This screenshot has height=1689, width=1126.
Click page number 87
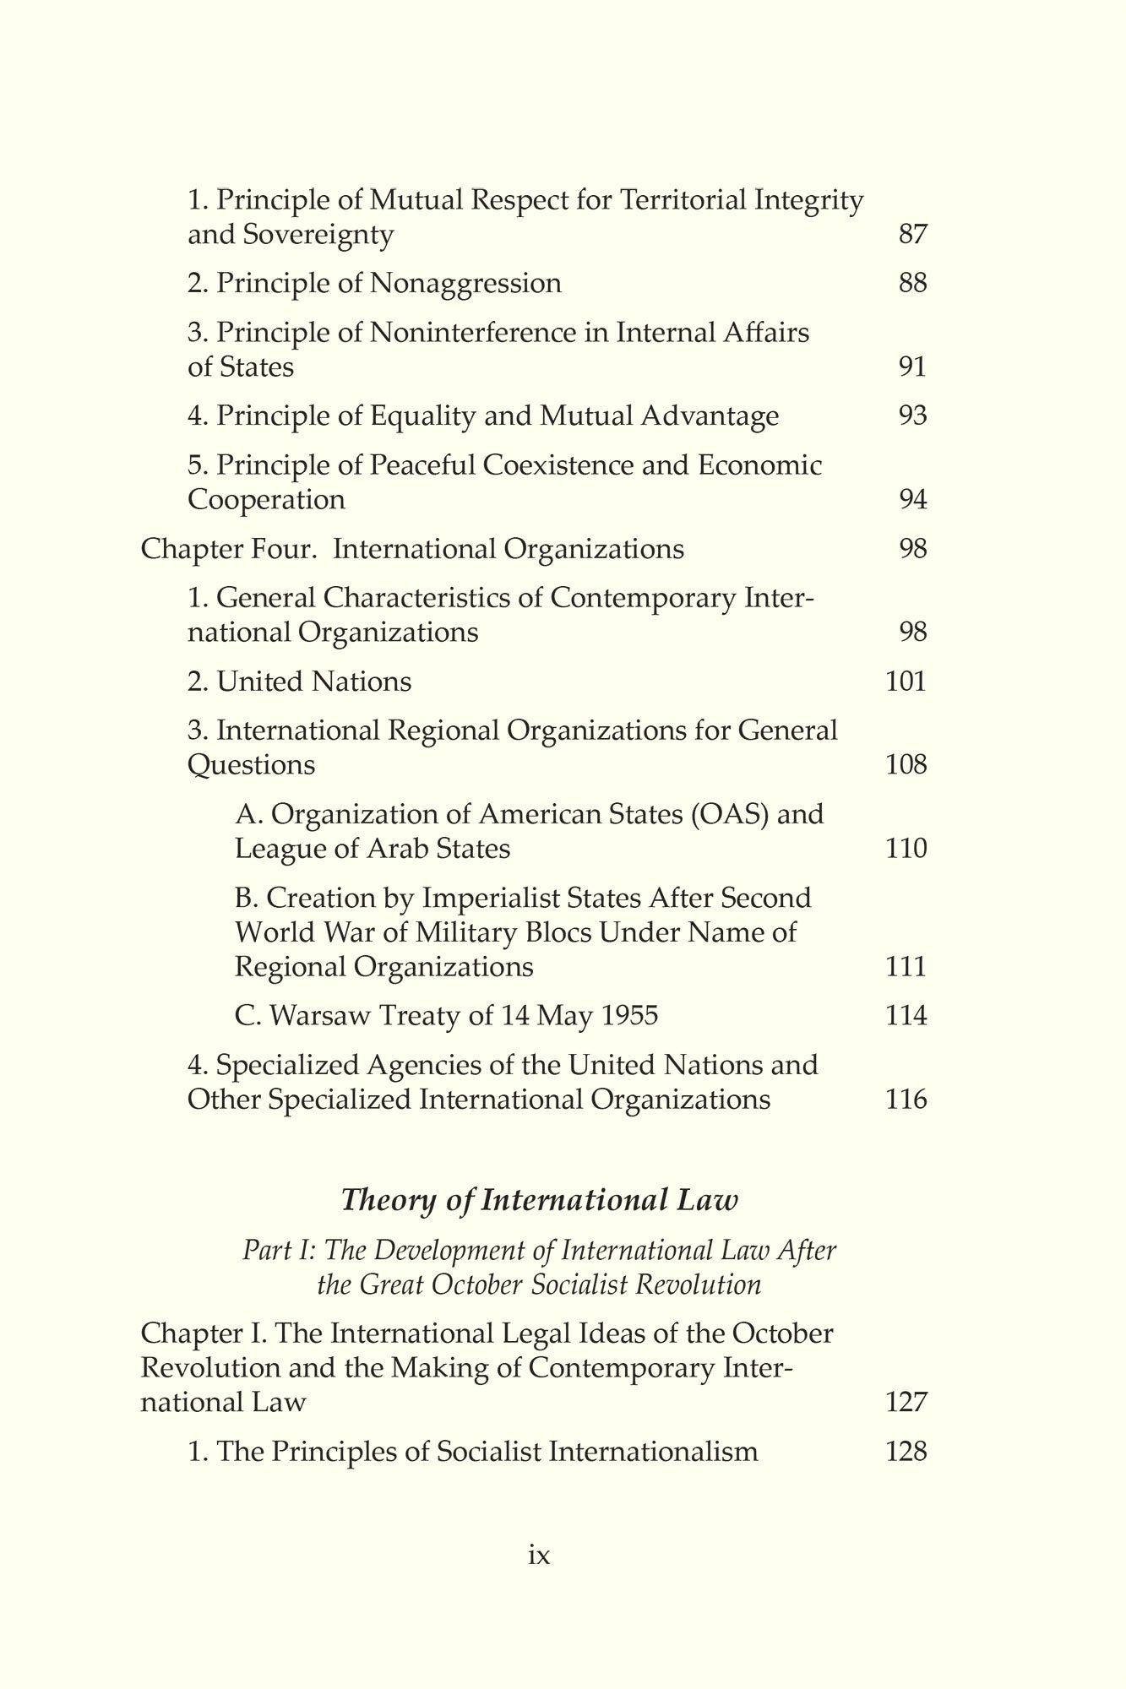point(912,234)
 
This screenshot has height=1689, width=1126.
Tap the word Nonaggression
point(465,283)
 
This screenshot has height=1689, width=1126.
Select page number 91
point(912,367)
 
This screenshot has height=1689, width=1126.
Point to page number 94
point(912,500)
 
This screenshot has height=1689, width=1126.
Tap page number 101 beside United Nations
point(906,682)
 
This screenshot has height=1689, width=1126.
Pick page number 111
point(906,966)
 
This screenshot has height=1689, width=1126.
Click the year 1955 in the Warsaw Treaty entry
point(627,1016)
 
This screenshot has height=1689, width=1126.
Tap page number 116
point(906,1100)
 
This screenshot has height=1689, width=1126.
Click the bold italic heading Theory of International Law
point(539,1201)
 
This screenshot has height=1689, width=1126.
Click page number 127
point(906,1403)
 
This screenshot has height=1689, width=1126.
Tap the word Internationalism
point(653,1453)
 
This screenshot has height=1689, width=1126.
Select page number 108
point(906,765)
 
